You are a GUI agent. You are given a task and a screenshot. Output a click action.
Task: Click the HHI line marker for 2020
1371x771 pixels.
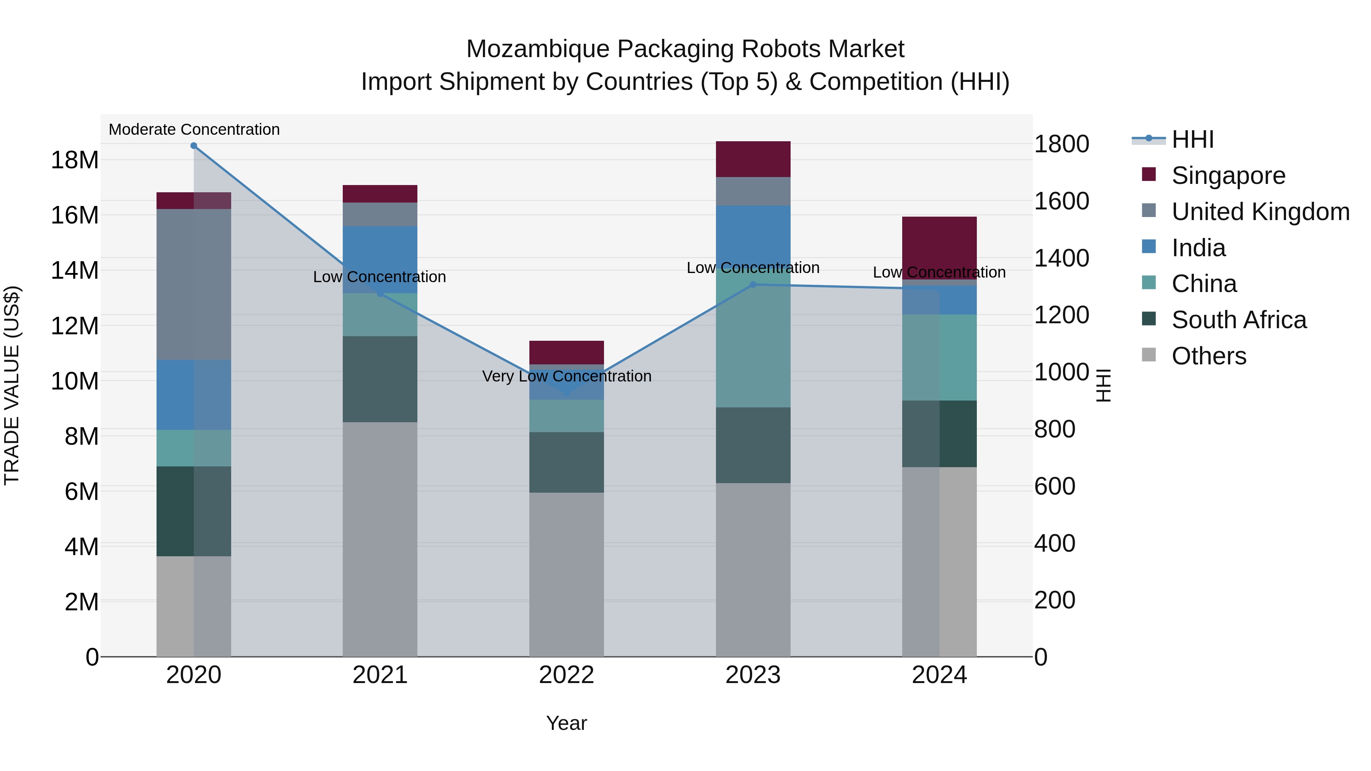click(194, 146)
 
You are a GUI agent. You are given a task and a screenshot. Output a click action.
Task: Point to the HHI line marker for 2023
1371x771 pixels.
click(753, 285)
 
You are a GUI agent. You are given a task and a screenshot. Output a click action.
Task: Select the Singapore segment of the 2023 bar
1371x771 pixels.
click(753, 159)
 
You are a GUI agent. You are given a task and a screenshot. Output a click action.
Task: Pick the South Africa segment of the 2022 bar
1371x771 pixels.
click(566, 462)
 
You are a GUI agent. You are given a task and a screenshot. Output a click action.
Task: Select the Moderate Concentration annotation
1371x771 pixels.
click(194, 129)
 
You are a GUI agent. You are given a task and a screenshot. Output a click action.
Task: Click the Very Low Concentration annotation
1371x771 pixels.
click(566, 376)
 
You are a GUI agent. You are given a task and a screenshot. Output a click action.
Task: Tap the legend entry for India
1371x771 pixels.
click(1198, 248)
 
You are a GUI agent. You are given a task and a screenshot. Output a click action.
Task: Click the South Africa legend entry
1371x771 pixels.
click(1238, 320)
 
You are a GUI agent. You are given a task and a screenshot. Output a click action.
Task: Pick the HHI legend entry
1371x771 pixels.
click(1192, 139)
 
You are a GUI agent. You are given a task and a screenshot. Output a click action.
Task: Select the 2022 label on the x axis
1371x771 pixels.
click(566, 675)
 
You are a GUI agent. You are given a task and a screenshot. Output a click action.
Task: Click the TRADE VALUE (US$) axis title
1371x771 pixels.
click(12, 385)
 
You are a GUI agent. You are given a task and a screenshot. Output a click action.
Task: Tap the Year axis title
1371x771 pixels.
click(566, 723)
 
